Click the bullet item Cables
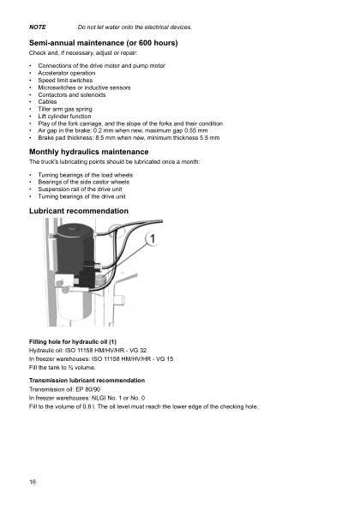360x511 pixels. (49, 101)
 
